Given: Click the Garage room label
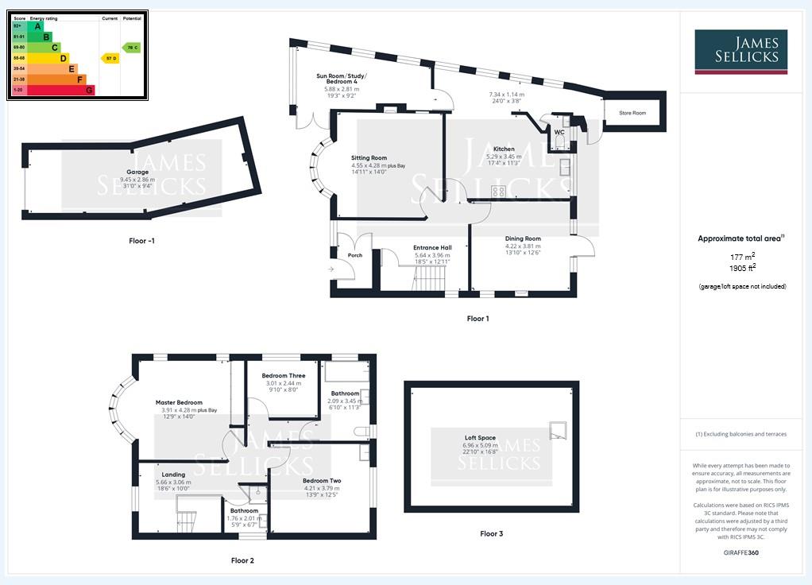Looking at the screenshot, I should pyautogui.click(x=137, y=172).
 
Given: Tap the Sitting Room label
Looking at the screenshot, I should pyautogui.click(x=369, y=158).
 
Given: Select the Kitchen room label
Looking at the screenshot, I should pyautogui.click(x=504, y=149).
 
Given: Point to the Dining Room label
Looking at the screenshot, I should pyautogui.click(x=523, y=238).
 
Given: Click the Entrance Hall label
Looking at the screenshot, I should pyautogui.click(x=432, y=248).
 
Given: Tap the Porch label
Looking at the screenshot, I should pyautogui.click(x=355, y=255).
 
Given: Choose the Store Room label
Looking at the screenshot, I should pyautogui.click(x=632, y=113).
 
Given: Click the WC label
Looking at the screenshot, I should pyautogui.click(x=559, y=132).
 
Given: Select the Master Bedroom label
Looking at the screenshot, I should pyautogui.click(x=179, y=403).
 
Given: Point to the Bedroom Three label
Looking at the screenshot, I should pyautogui.click(x=284, y=376).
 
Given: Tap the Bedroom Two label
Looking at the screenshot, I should pyautogui.click(x=322, y=481).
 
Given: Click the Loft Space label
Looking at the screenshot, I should pyautogui.click(x=480, y=438).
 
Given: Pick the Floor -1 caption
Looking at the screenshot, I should pyautogui.click(x=141, y=240).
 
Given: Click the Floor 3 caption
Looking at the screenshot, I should pyautogui.click(x=491, y=533).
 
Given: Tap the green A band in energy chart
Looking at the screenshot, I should pyautogui.click(x=37, y=26).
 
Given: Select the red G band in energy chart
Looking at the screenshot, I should pyautogui.click(x=89, y=90).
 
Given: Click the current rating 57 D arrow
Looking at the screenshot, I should pyautogui.click(x=110, y=58).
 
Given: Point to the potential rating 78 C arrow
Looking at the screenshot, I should pyautogui.click(x=131, y=48).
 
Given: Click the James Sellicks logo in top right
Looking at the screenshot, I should pyautogui.click(x=740, y=52).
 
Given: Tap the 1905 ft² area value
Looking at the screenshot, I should pyautogui.click(x=742, y=268).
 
